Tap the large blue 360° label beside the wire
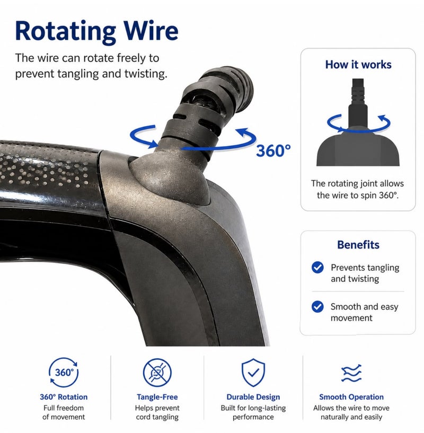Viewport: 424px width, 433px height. [273, 151]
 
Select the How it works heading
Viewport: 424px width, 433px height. [358, 65]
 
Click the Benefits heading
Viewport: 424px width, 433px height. [358, 245]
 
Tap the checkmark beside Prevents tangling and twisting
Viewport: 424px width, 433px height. [317, 267]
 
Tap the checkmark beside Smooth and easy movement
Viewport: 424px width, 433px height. [317, 306]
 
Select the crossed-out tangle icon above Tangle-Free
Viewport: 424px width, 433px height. [157, 373]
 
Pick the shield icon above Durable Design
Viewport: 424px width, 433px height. [253, 373]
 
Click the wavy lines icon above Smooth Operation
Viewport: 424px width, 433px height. [351, 373]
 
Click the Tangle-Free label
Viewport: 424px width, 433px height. [157, 397]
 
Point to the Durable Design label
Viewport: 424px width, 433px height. [253, 397]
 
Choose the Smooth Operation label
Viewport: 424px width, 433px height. [351, 397]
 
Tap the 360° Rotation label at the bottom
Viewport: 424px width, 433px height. [64, 397]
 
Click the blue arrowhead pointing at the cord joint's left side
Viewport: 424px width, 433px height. [154, 143]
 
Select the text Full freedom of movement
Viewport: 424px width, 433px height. [64, 412]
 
